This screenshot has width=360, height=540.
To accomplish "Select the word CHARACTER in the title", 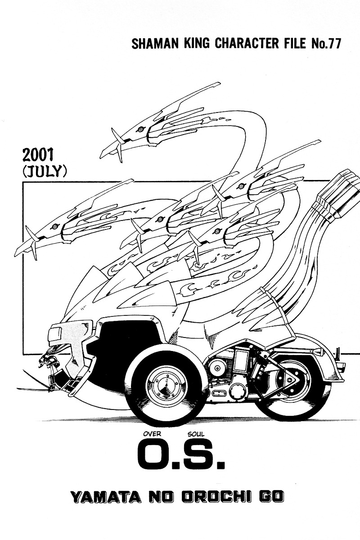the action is pyautogui.click(x=248, y=44).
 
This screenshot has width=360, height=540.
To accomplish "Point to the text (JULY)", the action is pyautogui.click(x=45, y=171).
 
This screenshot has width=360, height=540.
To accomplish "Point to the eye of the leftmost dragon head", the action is pyautogui.click(x=54, y=227).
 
